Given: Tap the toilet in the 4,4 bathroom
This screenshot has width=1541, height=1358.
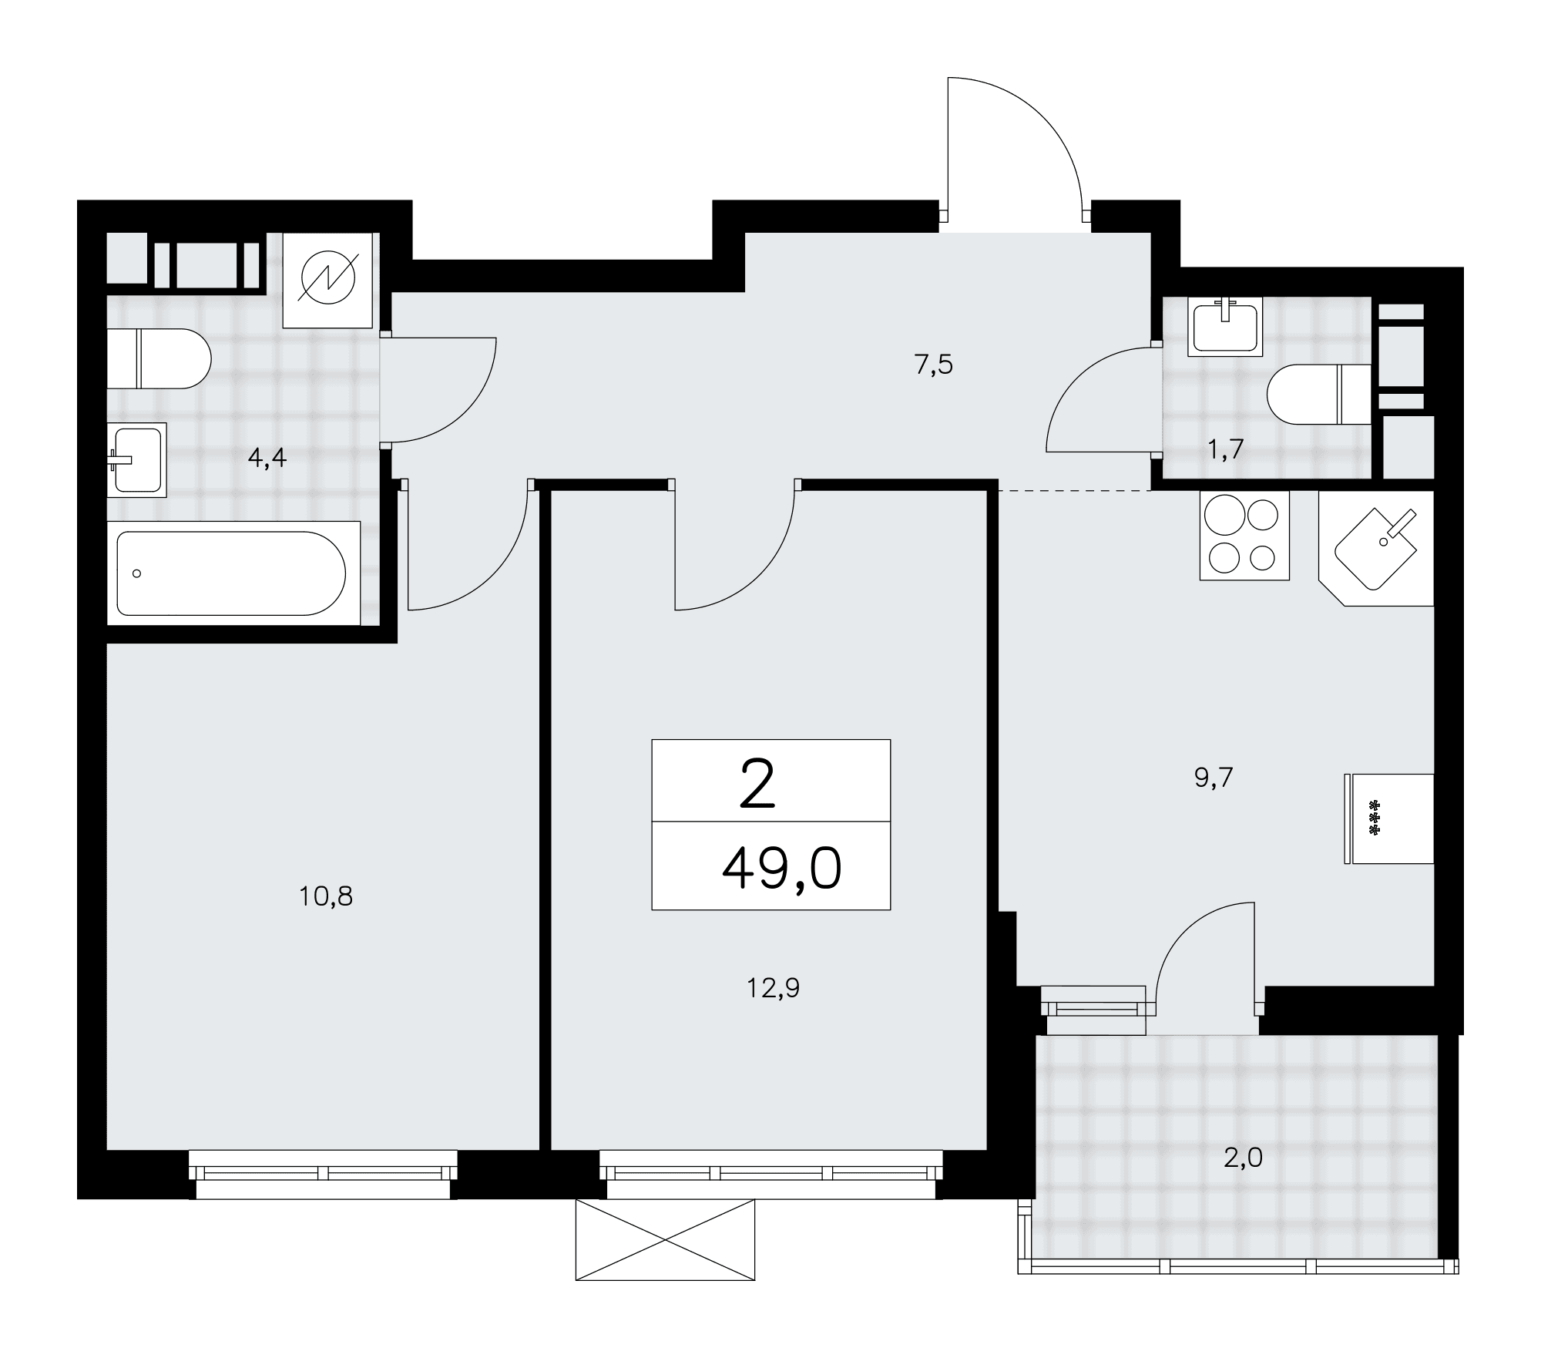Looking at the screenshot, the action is pyautogui.click(x=159, y=358).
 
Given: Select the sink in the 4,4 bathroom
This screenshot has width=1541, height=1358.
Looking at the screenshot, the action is pyautogui.click(x=137, y=460).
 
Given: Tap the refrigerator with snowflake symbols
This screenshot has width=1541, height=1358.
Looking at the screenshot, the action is pyautogui.click(x=1389, y=818).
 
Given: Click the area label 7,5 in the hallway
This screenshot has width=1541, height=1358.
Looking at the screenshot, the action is pyautogui.click(x=934, y=365).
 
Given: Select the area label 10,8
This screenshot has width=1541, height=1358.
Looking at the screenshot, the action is pyautogui.click(x=326, y=896).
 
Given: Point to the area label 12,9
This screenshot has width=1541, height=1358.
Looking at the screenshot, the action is pyautogui.click(x=773, y=988).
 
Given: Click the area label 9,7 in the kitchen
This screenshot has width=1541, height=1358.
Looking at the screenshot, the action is pyautogui.click(x=1214, y=778).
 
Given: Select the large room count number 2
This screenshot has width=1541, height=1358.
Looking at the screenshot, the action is pyautogui.click(x=757, y=782).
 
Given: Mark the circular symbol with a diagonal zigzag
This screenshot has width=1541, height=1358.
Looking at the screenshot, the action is pyautogui.click(x=329, y=281).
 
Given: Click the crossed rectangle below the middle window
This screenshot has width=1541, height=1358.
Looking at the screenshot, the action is pyautogui.click(x=665, y=1239).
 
